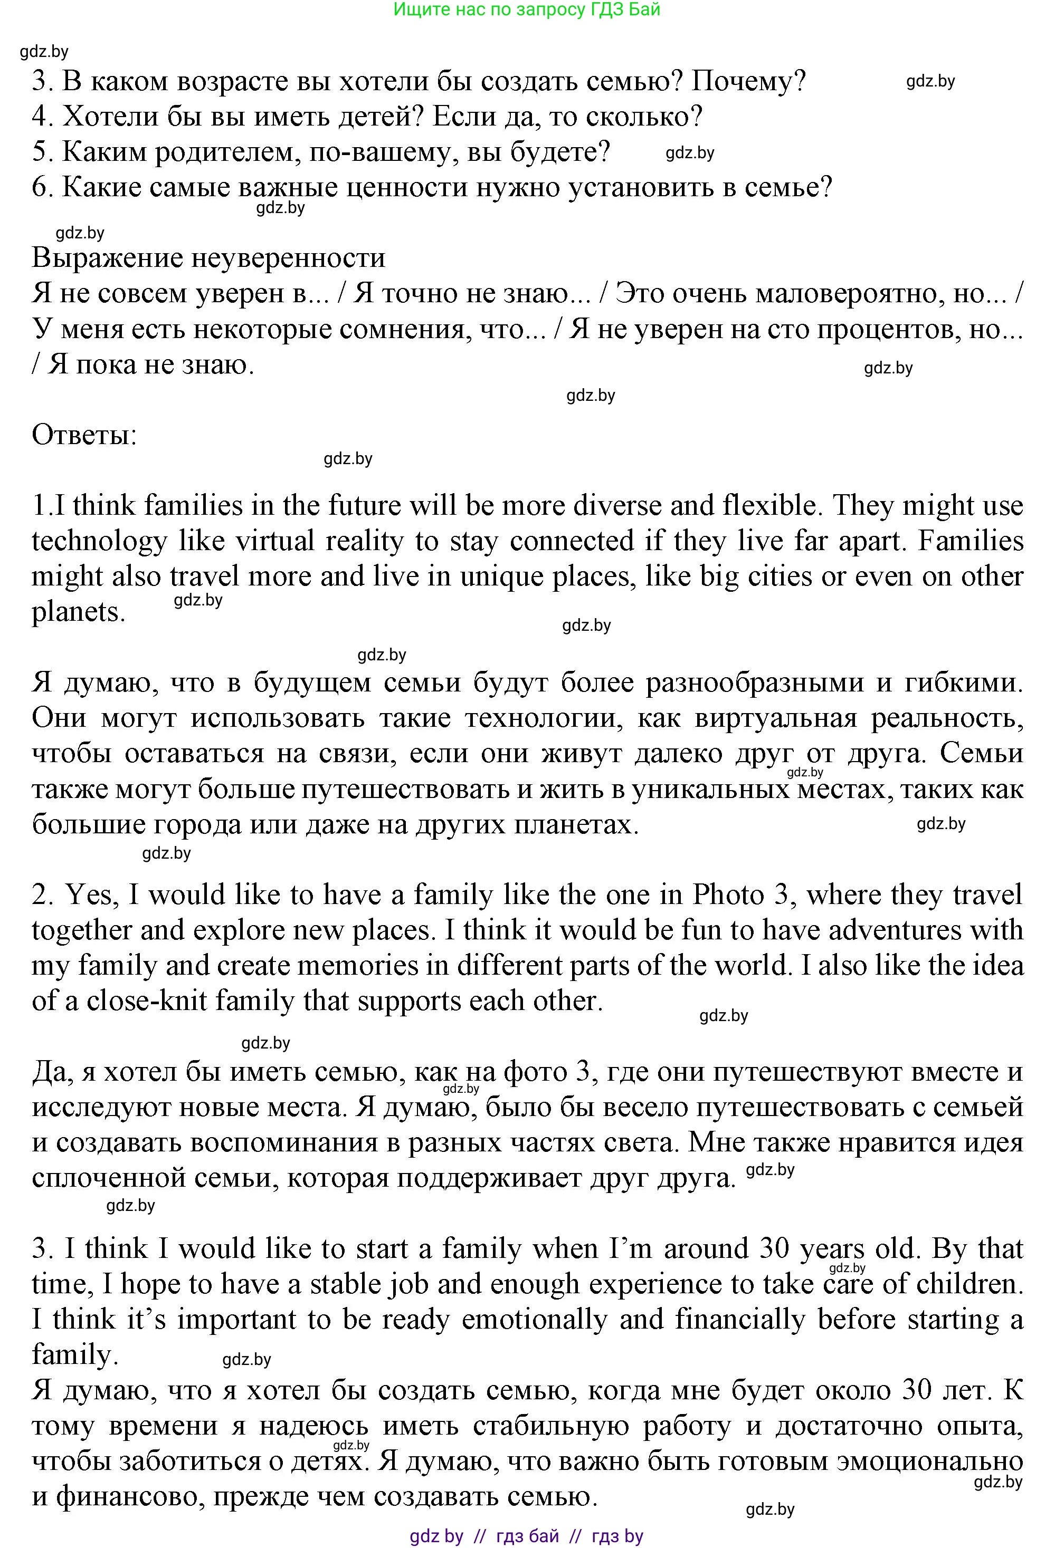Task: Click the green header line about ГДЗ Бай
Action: point(527,9)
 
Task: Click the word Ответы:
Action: point(84,436)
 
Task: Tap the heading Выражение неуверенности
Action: point(208,258)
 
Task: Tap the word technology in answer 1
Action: point(99,541)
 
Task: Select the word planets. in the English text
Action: point(79,611)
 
